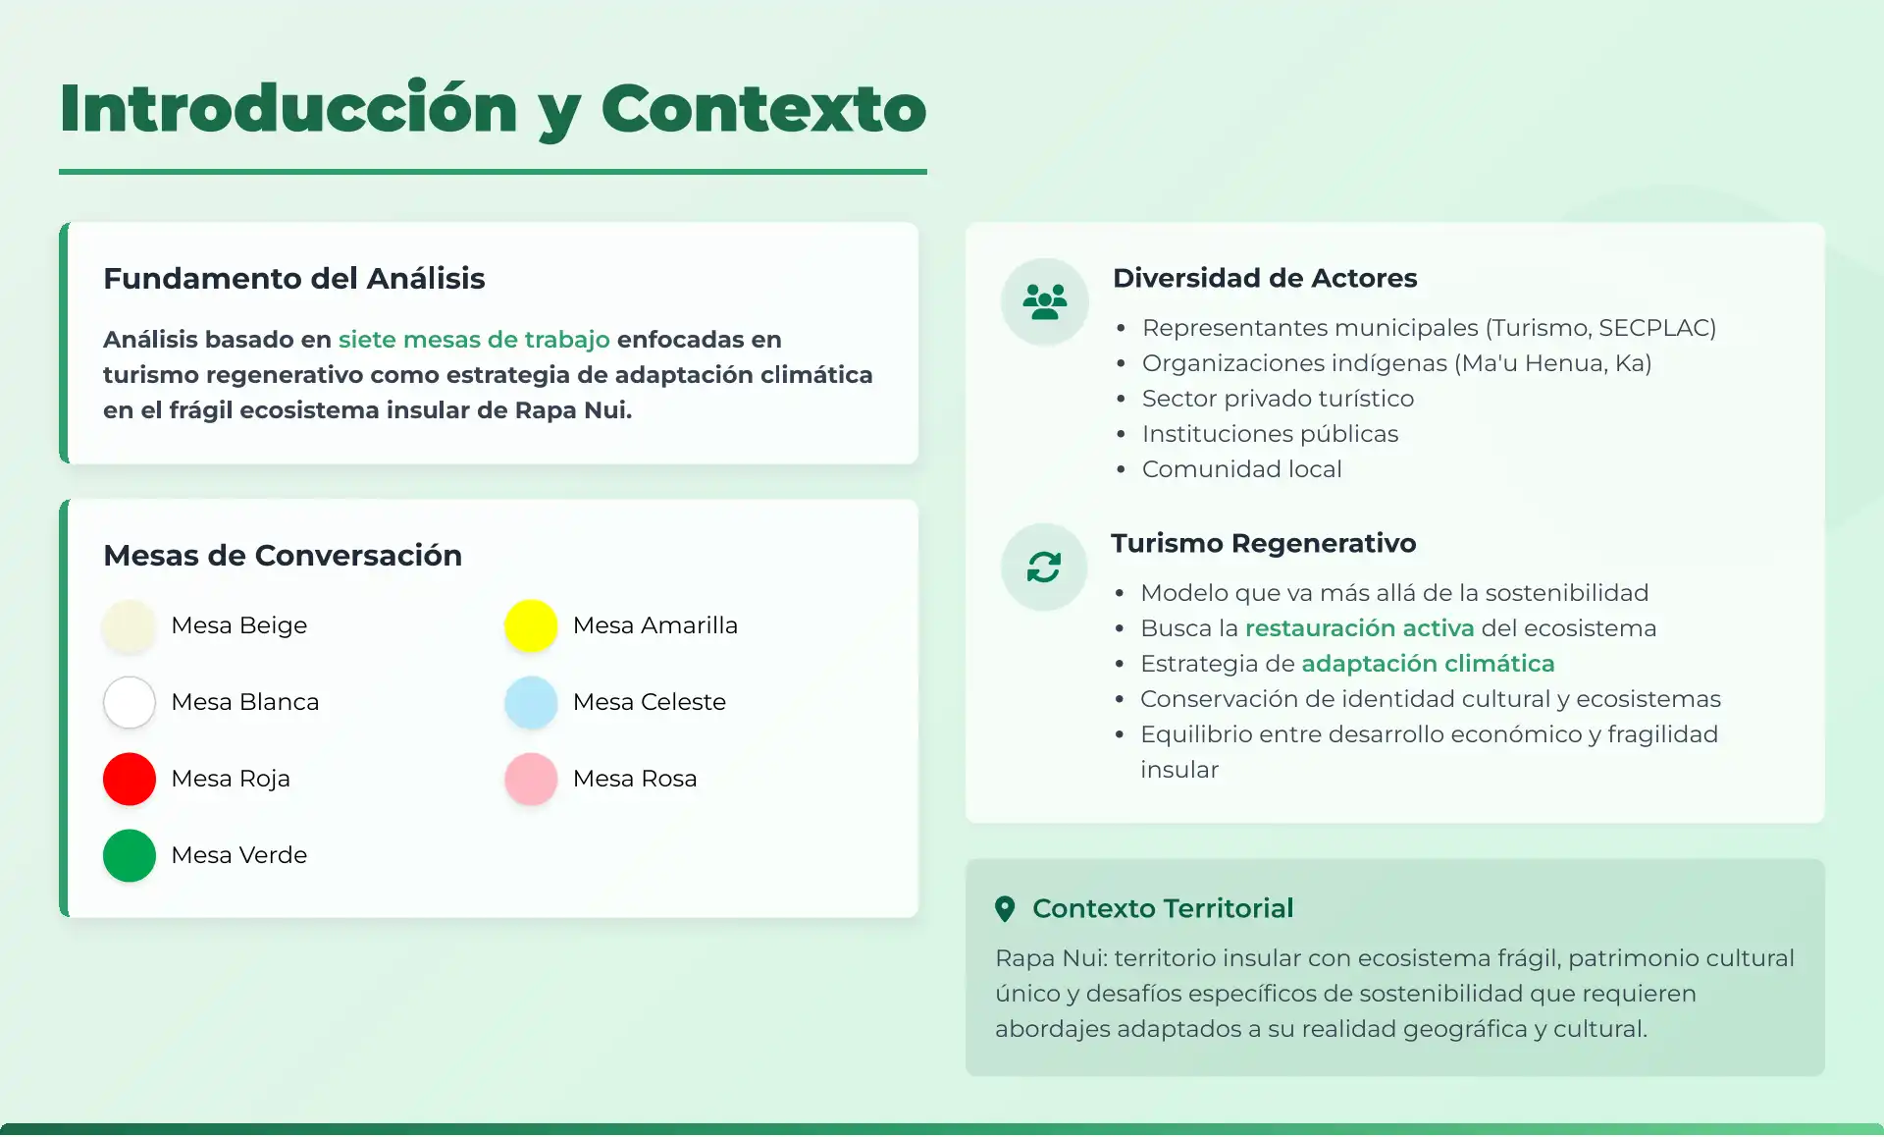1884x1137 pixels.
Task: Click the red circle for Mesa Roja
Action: point(130,779)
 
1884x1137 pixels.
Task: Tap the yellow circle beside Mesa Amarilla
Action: point(531,625)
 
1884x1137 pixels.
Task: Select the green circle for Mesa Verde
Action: point(130,855)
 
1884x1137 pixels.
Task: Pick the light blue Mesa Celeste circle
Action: point(531,702)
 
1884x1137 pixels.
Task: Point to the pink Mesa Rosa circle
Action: point(531,779)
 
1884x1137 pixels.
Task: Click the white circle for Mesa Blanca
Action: point(130,702)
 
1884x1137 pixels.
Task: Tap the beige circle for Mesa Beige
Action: point(130,625)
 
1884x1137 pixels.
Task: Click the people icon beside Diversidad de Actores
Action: point(1045,301)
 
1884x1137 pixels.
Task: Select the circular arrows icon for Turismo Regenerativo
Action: point(1044,567)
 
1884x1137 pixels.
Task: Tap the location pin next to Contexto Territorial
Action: point(1005,909)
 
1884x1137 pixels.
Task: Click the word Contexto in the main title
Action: point(763,108)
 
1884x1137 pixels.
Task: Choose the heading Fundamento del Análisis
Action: point(294,279)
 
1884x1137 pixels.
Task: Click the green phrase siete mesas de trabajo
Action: point(474,340)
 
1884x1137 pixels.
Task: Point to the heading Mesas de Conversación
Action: point(283,556)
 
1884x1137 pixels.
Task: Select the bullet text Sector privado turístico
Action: point(1278,399)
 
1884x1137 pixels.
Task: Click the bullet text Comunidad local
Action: point(1241,469)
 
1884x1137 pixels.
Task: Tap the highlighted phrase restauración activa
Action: point(1359,628)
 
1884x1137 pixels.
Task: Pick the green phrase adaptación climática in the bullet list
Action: point(1428,664)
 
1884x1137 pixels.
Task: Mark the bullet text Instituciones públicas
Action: point(1270,434)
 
